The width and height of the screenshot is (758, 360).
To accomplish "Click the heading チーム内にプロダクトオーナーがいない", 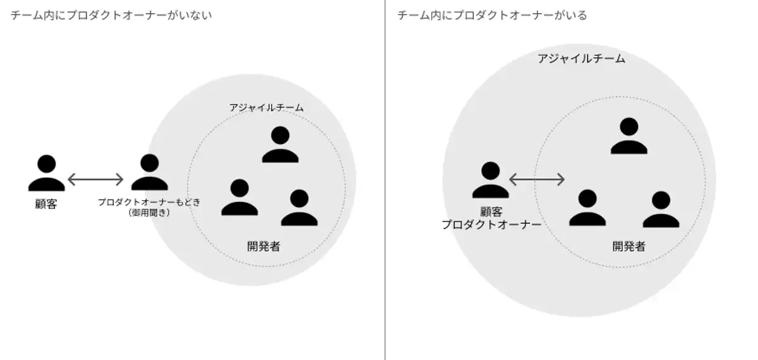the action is pos(111,16).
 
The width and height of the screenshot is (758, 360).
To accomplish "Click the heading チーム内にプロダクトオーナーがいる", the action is pos(492,16).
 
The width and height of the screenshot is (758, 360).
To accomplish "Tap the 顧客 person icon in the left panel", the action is pos(46,173).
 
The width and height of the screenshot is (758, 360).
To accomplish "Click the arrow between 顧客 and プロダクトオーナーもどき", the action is pos(95,180).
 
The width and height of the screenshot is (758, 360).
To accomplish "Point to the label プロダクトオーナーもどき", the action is pos(149,202).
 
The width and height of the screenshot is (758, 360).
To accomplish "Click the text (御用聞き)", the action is pos(149,213).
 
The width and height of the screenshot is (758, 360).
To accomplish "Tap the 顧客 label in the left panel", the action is pos(46,204).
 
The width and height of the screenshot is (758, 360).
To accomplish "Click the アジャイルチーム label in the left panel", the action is pos(266,108).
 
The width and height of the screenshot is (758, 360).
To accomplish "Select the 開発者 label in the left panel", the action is pos(263,246).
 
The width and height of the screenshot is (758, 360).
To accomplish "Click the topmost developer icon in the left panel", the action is pos(280,145).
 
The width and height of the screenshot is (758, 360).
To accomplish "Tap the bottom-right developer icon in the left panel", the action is pos(299,208).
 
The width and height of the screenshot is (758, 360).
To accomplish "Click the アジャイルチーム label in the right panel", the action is pos(581,59).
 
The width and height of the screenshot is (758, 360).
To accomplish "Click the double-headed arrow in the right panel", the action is pos(537,180).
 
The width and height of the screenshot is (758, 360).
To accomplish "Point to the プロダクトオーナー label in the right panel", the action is pos(491,224).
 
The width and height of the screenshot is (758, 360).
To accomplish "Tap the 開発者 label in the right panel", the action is pos(629,246).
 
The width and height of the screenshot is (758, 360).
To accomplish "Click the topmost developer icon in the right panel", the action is pos(629,136).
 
